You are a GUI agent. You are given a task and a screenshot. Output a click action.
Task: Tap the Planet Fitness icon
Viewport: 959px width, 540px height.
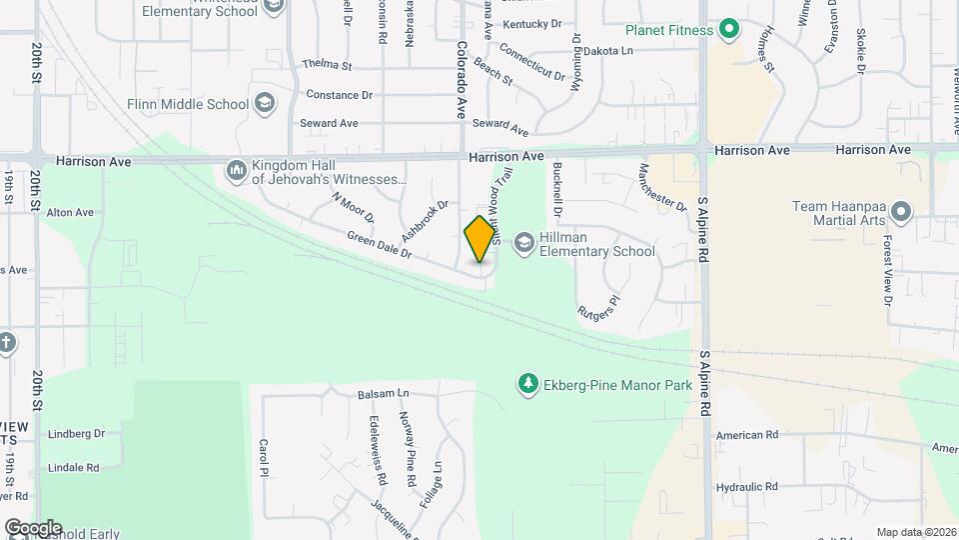click(729, 30)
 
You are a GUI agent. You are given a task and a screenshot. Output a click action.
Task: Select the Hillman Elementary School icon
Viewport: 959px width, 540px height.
click(523, 242)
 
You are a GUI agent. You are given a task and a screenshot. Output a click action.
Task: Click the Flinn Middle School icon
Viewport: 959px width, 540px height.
click(264, 103)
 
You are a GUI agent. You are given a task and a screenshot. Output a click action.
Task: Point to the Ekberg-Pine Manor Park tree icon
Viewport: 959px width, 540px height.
click(527, 383)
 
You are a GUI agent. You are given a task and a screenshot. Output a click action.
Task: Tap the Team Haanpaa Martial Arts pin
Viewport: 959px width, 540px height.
click(901, 211)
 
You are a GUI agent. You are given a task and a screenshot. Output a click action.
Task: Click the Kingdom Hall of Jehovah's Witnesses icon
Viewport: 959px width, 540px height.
click(237, 171)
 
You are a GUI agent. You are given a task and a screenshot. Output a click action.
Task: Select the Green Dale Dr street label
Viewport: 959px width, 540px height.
click(380, 246)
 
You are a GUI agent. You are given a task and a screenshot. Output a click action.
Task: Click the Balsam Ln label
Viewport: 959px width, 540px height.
click(384, 395)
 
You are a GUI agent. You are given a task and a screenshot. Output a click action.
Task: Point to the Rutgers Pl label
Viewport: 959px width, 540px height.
click(599, 306)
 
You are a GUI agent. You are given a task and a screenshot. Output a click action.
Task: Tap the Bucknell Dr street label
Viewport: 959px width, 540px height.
click(557, 190)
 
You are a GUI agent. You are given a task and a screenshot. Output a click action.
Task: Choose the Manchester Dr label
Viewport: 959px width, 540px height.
click(663, 188)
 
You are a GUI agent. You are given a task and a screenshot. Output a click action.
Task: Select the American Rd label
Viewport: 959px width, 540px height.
click(746, 435)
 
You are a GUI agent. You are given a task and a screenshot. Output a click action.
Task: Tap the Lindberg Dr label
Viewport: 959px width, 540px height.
click(77, 434)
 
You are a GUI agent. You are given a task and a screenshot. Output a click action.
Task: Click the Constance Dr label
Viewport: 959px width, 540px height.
click(339, 95)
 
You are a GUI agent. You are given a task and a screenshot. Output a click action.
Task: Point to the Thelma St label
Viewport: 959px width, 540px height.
click(328, 65)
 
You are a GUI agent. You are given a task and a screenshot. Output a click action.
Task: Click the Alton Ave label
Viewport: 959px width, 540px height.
click(70, 212)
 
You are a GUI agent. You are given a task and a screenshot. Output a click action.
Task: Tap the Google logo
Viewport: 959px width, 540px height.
click(33, 528)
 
